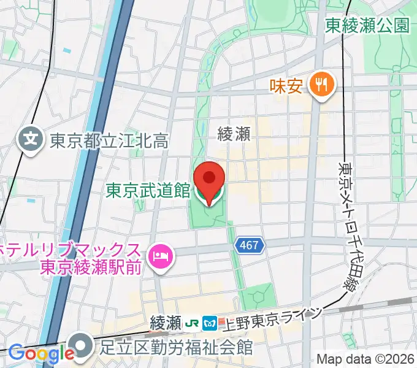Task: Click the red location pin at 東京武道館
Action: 208,180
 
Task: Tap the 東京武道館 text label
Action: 148,191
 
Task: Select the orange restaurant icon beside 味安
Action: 321,84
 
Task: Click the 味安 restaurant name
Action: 286,85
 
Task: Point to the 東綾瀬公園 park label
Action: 367,25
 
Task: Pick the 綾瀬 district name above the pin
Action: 234,134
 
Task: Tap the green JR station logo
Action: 193,321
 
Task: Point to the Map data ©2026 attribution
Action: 365,359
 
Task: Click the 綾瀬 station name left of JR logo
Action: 166,321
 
